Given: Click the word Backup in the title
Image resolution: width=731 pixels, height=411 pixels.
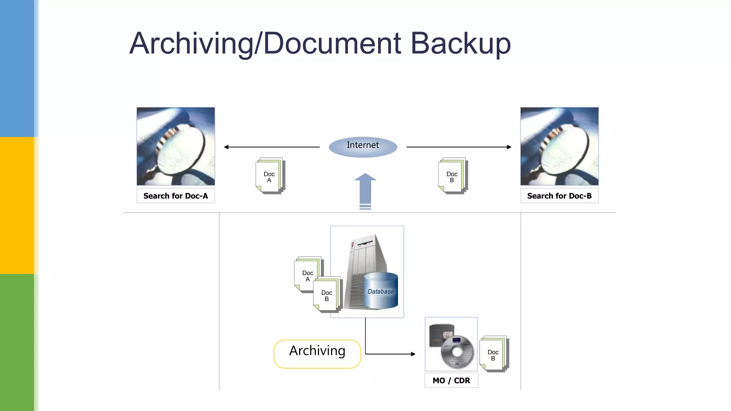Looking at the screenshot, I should point(460,44).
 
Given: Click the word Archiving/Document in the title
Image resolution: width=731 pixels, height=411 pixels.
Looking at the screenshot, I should point(266,44).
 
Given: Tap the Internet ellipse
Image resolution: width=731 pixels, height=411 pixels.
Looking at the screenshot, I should point(363,147).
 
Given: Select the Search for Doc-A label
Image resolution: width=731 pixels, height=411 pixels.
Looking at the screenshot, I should point(176,196).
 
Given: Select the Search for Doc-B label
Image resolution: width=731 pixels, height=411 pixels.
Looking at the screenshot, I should point(559,196).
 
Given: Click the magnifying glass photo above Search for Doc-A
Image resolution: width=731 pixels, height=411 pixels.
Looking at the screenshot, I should point(176,146).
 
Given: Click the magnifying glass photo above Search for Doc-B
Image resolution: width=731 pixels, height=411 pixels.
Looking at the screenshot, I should point(559,146).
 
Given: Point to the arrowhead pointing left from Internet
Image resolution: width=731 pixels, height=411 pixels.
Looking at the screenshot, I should point(226,147).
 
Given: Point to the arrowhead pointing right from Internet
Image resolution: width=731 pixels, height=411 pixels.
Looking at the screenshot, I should point(509,147).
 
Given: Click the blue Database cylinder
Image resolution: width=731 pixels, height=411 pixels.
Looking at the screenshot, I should point(381,290).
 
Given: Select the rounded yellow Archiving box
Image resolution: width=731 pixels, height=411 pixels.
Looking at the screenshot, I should point(317,354).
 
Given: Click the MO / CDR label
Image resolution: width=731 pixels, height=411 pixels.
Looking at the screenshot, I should point(451,380).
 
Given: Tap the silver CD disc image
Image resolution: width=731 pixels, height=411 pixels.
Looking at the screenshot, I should point(457,351).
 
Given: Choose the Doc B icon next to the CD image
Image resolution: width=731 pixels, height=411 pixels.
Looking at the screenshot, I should point(494,354).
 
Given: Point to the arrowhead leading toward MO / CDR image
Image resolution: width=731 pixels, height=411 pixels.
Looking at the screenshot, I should point(413,354).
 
